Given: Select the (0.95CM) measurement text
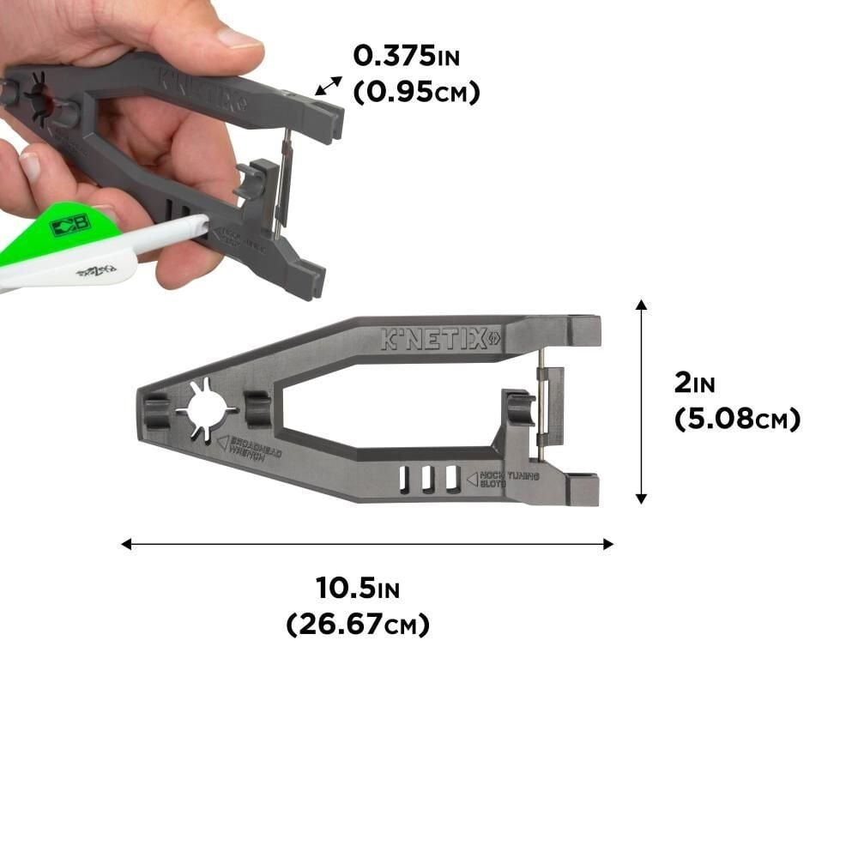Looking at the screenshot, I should [416, 92].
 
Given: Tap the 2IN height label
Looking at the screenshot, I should [693, 383].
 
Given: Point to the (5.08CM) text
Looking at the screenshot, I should [737, 419].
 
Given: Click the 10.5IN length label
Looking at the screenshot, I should [357, 589].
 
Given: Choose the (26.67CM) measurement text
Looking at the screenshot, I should [357, 625].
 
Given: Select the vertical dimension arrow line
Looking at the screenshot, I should [641, 402].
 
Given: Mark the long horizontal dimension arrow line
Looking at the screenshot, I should [367, 543].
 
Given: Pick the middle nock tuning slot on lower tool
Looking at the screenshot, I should [427, 480].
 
